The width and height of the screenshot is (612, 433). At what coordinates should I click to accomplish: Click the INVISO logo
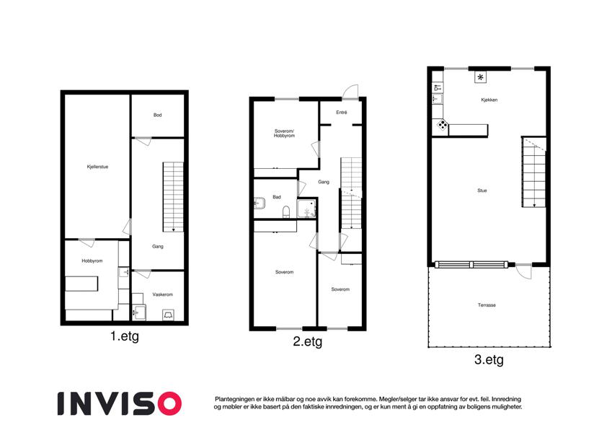[120, 403]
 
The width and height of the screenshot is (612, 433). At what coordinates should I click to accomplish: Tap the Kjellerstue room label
[97, 167]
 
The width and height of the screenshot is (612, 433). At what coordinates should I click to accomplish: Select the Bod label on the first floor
[157, 115]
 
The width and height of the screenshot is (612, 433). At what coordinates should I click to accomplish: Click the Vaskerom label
[163, 294]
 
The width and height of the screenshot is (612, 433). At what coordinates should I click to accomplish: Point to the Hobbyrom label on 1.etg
[92, 261]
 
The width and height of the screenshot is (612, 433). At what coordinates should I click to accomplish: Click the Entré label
[342, 113]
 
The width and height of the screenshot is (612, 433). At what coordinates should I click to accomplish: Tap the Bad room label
[277, 197]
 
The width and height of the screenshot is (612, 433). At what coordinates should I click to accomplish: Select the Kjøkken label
[489, 100]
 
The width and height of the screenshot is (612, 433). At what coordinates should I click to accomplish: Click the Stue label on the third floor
[482, 191]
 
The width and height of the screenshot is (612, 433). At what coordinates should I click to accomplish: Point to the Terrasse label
[487, 305]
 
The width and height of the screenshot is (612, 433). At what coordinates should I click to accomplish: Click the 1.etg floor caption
[125, 336]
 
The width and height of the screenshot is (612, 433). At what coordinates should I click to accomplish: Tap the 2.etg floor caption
[308, 342]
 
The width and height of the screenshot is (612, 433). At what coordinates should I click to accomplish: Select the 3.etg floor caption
[489, 359]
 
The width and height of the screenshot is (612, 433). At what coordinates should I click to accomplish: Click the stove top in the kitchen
[443, 125]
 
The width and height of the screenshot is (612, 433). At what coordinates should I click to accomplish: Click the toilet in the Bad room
[286, 211]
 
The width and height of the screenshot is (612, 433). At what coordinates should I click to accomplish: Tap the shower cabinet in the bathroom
[307, 209]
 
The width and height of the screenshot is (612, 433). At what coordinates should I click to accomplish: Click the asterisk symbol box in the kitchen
[481, 77]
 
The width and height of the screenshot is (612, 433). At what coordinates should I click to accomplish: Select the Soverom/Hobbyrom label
[284, 134]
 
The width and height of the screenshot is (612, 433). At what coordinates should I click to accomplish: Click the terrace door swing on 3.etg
[525, 271]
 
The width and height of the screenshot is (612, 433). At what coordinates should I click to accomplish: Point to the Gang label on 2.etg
[324, 182]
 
